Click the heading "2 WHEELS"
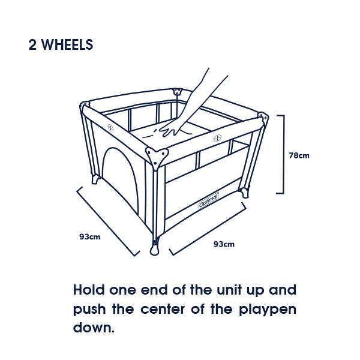61,45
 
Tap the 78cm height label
299,155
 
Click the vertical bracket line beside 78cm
282,154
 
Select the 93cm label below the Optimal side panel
224,244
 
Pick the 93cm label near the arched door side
89,236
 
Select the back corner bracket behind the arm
177,93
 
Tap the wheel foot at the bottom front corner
155,248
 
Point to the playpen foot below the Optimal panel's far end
244,193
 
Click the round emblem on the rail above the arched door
110,127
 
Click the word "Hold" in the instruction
89,290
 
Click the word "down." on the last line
93,329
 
